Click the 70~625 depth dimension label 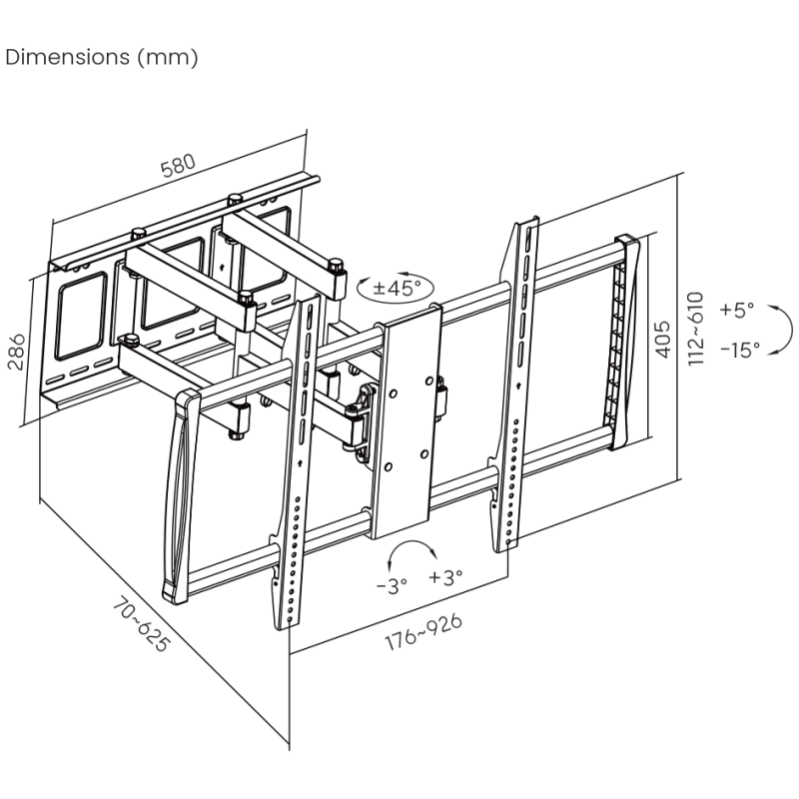[139, 624]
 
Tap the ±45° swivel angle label [398, 289]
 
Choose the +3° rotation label [446, 577]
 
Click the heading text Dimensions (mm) [102, 57]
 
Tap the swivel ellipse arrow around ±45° [398, 288]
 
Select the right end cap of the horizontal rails [627, 340]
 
